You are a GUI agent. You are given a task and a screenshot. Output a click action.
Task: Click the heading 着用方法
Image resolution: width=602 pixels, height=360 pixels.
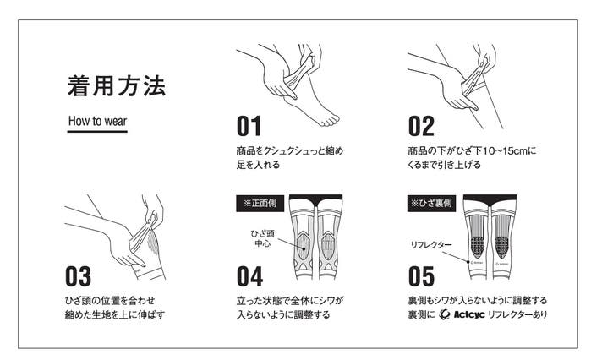[117, 85]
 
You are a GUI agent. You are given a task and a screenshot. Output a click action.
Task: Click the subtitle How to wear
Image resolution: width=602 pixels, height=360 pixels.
[97, 121]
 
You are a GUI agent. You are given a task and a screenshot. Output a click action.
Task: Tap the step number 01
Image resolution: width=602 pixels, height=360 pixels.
[249, 126]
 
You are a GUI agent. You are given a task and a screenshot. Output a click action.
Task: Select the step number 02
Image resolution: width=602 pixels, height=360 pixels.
[421, 126]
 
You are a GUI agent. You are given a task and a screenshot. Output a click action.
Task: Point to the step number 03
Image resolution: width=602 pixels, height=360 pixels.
[79, 276]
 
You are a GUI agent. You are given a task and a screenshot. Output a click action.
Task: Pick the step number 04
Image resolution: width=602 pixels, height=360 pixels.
[249, 276]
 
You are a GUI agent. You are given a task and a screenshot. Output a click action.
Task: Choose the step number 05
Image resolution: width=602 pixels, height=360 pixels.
[421, 276]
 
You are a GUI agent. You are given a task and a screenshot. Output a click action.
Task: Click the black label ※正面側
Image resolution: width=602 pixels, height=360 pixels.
[260, 203]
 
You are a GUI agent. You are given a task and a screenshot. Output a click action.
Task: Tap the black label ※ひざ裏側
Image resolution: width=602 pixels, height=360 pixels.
[431, 203]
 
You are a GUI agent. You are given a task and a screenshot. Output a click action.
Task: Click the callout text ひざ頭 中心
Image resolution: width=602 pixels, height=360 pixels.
[263, 238]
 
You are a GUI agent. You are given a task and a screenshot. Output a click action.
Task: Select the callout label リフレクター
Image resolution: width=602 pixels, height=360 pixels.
[431, 244]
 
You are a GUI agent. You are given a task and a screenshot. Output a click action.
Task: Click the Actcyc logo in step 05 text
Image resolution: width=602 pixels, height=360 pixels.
[462, 314]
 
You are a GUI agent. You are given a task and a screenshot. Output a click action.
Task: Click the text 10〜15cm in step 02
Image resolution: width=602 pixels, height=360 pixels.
[505, 150]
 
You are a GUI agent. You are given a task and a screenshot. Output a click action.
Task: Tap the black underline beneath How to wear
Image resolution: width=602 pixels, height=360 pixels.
[97, 131]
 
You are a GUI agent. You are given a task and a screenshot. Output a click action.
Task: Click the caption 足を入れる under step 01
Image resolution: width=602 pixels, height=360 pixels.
[258, 165]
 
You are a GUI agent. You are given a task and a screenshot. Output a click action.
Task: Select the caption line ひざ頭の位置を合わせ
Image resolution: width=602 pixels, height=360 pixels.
[110, 301]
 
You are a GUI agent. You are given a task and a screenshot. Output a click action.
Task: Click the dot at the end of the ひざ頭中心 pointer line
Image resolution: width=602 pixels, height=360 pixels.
[304, 248]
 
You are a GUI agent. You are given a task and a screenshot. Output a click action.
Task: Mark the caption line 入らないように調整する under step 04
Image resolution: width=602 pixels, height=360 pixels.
[283, 314]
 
